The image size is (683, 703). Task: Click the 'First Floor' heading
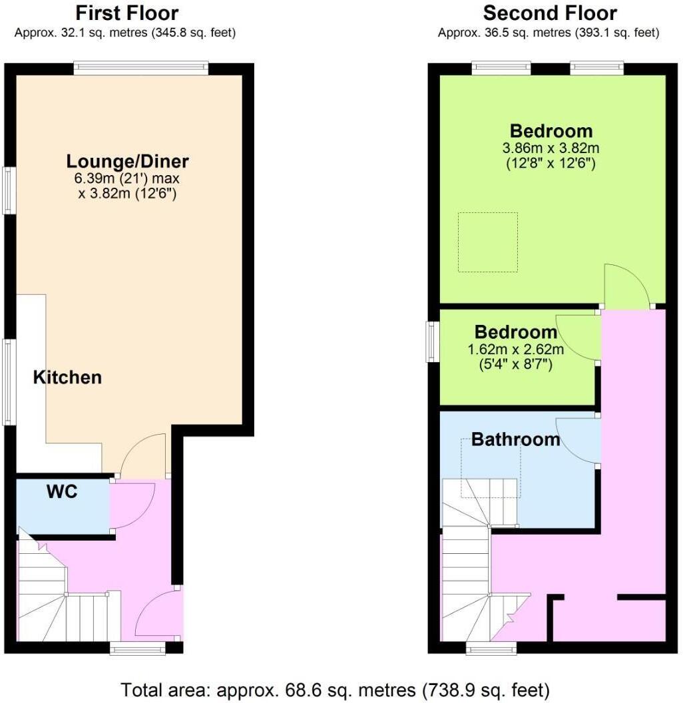[x=126, y=13]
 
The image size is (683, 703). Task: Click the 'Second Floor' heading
[x=549, y=13]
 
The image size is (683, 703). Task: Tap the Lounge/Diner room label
[x=127, y=161]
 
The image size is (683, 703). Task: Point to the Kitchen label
[x=67, y=377]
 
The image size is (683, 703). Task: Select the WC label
[x=61, y=492]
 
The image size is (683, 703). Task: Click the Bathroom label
[x=515, y=439]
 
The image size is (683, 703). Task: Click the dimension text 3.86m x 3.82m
[x=551, y=148]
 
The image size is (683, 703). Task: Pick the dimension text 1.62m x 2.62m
[x=516, y=350]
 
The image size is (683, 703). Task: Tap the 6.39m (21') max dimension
[x=127, y=178]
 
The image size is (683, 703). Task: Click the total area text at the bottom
[x=335, y=688]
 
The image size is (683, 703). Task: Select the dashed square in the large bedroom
[x=487, y=242]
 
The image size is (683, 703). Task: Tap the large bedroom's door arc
[x=626, y=285]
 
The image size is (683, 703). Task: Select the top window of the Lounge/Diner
[x=140, y=68]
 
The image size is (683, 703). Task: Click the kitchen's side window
[x=9, y=381]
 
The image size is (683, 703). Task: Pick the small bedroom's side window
[x=433, y=342]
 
